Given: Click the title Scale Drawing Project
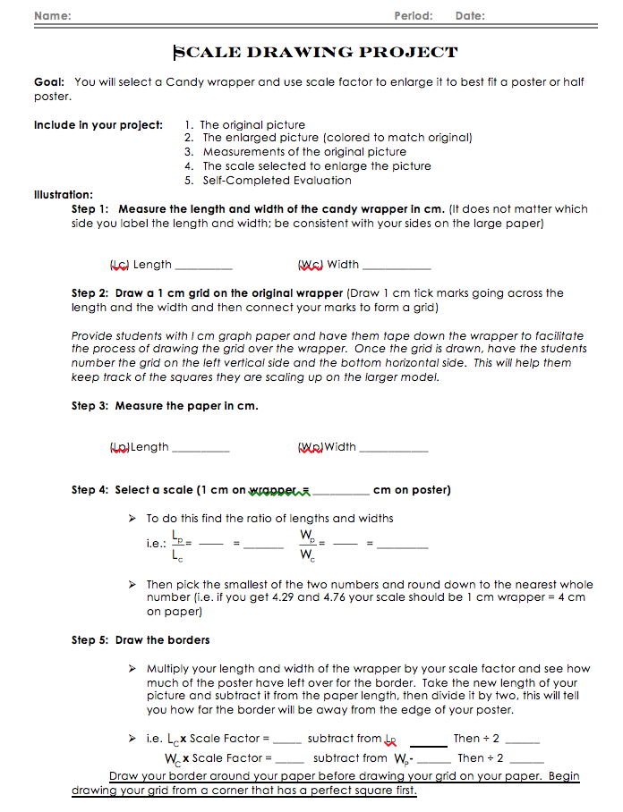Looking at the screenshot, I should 315,53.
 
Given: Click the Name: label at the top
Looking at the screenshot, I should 53,16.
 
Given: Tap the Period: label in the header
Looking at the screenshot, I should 413,16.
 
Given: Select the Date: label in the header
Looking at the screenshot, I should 470,16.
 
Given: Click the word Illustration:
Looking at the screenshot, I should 64,194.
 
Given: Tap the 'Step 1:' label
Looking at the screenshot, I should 90,209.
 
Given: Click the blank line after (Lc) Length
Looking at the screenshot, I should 203,266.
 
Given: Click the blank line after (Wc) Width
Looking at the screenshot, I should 397,266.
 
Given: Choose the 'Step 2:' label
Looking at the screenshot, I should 90,292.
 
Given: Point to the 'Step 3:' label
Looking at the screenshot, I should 90,406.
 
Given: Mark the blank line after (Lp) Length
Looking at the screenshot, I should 201,449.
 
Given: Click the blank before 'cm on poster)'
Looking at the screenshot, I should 340,493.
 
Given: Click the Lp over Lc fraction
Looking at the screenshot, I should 177,544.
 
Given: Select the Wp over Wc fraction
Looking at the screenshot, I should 307,545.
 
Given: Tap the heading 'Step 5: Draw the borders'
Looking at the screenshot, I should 141,640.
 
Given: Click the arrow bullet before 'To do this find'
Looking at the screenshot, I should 132,518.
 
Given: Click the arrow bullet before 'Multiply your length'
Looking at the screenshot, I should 132,668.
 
